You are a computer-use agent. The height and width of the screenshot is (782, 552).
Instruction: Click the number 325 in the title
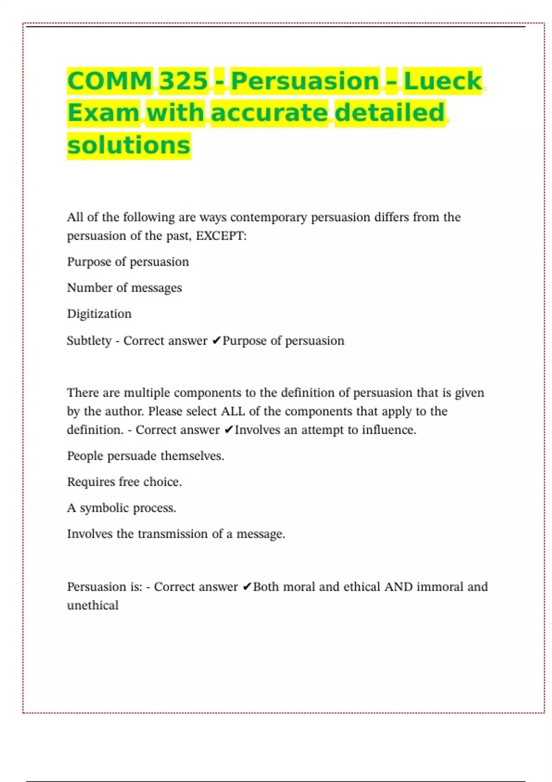pos(184,81)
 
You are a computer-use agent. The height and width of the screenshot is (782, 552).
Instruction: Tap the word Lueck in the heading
pos(443,81)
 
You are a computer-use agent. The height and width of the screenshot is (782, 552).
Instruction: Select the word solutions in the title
pos(129,145)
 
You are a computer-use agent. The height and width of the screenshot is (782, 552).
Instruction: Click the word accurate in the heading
pos(269,113)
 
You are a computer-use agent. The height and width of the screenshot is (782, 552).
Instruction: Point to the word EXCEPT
pos(221,236)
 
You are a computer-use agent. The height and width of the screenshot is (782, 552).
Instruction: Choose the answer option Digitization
pos(99,314)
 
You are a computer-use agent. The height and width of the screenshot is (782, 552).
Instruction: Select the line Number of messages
pos(124,288)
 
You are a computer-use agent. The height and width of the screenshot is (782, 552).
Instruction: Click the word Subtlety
pos(89,341)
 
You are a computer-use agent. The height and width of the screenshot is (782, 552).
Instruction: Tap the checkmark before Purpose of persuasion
pos(216,341)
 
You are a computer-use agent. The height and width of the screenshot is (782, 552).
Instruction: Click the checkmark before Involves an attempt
pos(229,430)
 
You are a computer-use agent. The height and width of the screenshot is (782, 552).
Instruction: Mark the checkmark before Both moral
pos(247,587)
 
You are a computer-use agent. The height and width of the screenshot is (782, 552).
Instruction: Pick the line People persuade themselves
pos(145,456)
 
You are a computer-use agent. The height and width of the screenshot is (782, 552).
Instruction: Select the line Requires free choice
pos(124,482)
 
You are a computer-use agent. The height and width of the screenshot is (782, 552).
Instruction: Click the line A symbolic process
pos(121,508)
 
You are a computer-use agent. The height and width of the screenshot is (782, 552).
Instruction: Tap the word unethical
pos(92,605)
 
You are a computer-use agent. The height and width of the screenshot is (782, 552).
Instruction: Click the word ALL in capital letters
pos(233,411)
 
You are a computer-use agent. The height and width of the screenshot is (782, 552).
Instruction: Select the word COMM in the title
pos(109,81)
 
